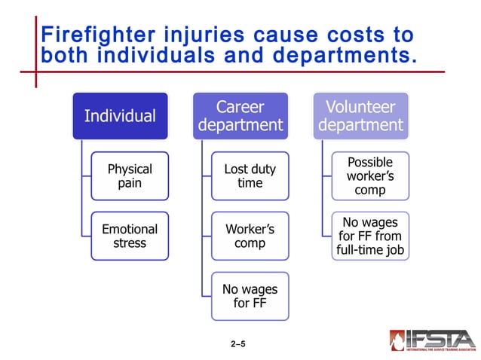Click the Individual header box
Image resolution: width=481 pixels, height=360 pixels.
[120, 116]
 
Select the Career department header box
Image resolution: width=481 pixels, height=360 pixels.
[240, 116]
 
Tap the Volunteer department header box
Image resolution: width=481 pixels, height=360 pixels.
[360, 116]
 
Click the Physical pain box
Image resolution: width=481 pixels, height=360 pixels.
[130, 176]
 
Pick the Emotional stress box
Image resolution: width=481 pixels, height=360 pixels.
[130, 236]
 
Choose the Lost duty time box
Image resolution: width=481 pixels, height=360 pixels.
[250, 176]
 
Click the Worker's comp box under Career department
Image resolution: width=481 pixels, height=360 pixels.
[250, 236]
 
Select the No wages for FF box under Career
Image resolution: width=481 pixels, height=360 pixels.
[250, 296]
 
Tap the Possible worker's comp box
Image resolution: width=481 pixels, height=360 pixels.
[370, 176]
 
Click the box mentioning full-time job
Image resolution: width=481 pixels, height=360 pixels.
[370, 236]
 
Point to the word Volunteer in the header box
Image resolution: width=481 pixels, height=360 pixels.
[360, 106]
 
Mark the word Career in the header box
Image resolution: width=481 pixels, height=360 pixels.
[240, 106]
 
